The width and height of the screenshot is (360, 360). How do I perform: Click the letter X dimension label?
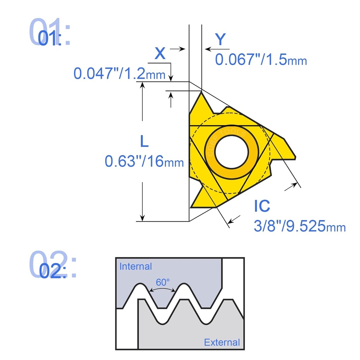[x=160, y=54]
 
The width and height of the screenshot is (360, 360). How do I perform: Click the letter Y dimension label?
[x=220, y=40]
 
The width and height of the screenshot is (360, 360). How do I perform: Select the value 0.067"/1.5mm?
[x=261, y=60]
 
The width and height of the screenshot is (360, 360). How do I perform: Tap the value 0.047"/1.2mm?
[x=120, y=74]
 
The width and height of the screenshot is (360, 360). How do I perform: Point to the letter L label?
[x=144, y=142]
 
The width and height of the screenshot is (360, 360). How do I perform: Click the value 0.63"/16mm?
[x=144, y=161]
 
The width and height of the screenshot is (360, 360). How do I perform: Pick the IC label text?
[x=262, y=206]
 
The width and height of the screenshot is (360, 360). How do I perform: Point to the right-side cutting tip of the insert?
[x=294, y=157]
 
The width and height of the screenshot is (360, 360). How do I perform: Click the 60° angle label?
[x=163, y=282]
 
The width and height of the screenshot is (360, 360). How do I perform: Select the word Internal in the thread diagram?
[x=136, y=266]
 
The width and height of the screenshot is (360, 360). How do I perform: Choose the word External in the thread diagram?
[x=222, y=342]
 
